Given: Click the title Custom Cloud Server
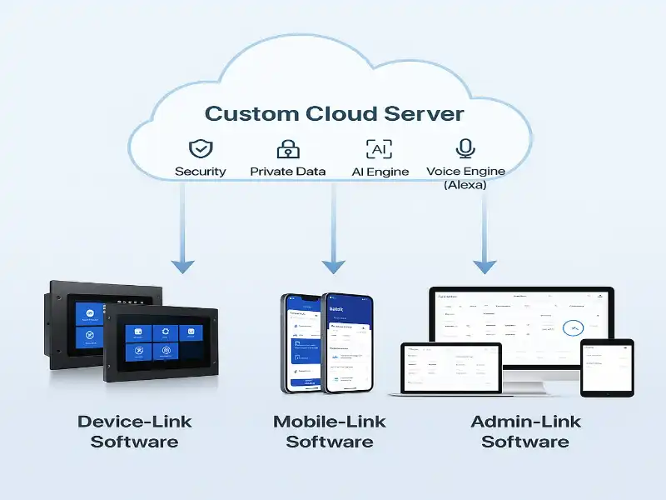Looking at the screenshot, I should tap(334, 113).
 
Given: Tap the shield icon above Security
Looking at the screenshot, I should tap(201, 149).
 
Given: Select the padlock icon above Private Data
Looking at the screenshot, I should tap(288, 149).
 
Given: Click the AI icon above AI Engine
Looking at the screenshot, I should tap(379, 149).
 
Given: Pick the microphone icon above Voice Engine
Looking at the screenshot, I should tap(465, 149).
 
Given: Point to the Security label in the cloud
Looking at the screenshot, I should tap(201, 172).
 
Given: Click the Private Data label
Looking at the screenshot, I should tap(288, 172).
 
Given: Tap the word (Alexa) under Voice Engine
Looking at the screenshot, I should tap(465, 185).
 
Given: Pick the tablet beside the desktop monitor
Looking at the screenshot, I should tap(607, 366).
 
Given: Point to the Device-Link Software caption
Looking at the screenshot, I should tap(135, 431).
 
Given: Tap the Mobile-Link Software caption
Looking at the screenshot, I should tap(330, 431).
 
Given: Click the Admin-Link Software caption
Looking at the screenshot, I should tap(525, 431).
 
